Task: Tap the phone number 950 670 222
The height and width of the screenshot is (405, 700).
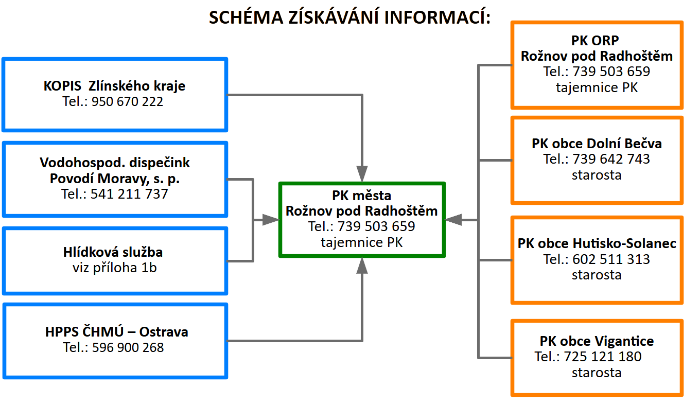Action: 127,101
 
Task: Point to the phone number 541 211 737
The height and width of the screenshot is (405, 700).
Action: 129,194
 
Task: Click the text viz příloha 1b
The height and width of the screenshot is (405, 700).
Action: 114,268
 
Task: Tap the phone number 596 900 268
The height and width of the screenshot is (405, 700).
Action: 128,348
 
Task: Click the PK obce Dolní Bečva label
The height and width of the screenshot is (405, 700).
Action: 597,143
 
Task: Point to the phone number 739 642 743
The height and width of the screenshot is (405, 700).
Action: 611,159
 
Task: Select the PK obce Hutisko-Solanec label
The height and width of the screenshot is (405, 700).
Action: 597,243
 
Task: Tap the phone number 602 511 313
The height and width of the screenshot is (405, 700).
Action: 611,259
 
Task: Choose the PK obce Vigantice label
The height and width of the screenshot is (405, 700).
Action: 597,341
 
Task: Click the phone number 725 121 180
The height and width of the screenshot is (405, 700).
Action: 603,357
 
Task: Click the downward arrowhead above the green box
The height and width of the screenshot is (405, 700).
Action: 362,172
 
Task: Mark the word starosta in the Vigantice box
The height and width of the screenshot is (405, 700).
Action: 597,372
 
